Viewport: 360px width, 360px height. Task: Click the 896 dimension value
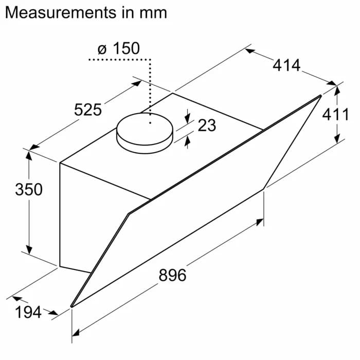(x=172, y=275)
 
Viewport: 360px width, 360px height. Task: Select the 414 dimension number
(x=286, y=65)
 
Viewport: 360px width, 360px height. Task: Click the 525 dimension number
(x=88, y=110)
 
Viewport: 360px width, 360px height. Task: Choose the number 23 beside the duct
(x=207, y=124)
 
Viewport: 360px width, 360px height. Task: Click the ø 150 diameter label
(x=118, y=49)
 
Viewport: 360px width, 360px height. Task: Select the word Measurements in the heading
(x=60, y=12)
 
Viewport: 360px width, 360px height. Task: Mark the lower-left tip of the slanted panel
(x=71, y=307)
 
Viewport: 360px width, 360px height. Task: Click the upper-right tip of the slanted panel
(x=320, y=96)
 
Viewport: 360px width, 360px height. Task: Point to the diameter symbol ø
(x=101, y=49)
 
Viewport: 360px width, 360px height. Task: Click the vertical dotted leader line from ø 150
(x=150, y=87)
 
